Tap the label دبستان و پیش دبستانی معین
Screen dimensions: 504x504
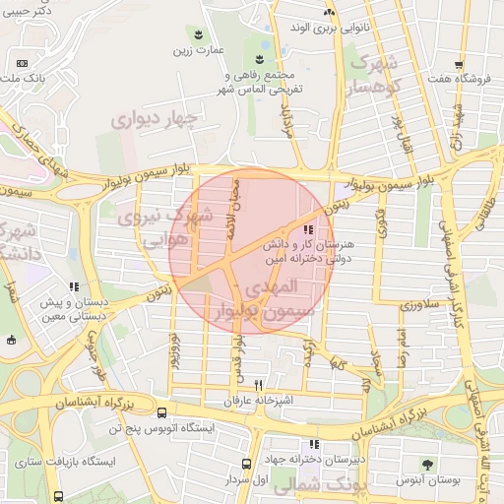pyautogui.click(x=74, y=311)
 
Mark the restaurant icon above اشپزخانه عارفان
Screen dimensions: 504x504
pyautogui.click(x=259, y=384)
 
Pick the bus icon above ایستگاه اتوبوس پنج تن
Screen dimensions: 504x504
pyautogui.click(x=161, y=412)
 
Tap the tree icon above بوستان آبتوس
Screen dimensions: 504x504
pyautogui.click(x=427, y=463)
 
